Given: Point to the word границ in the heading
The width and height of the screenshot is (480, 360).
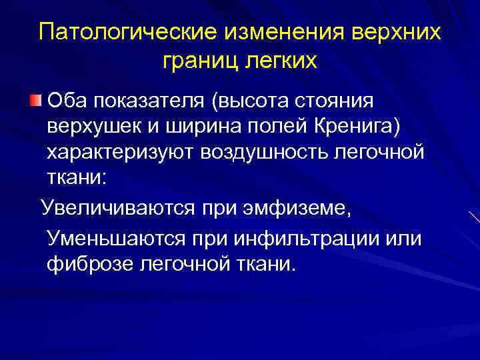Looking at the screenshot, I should click(x=198, y=61).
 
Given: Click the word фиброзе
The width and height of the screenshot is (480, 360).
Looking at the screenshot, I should click(x=89, y=265).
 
